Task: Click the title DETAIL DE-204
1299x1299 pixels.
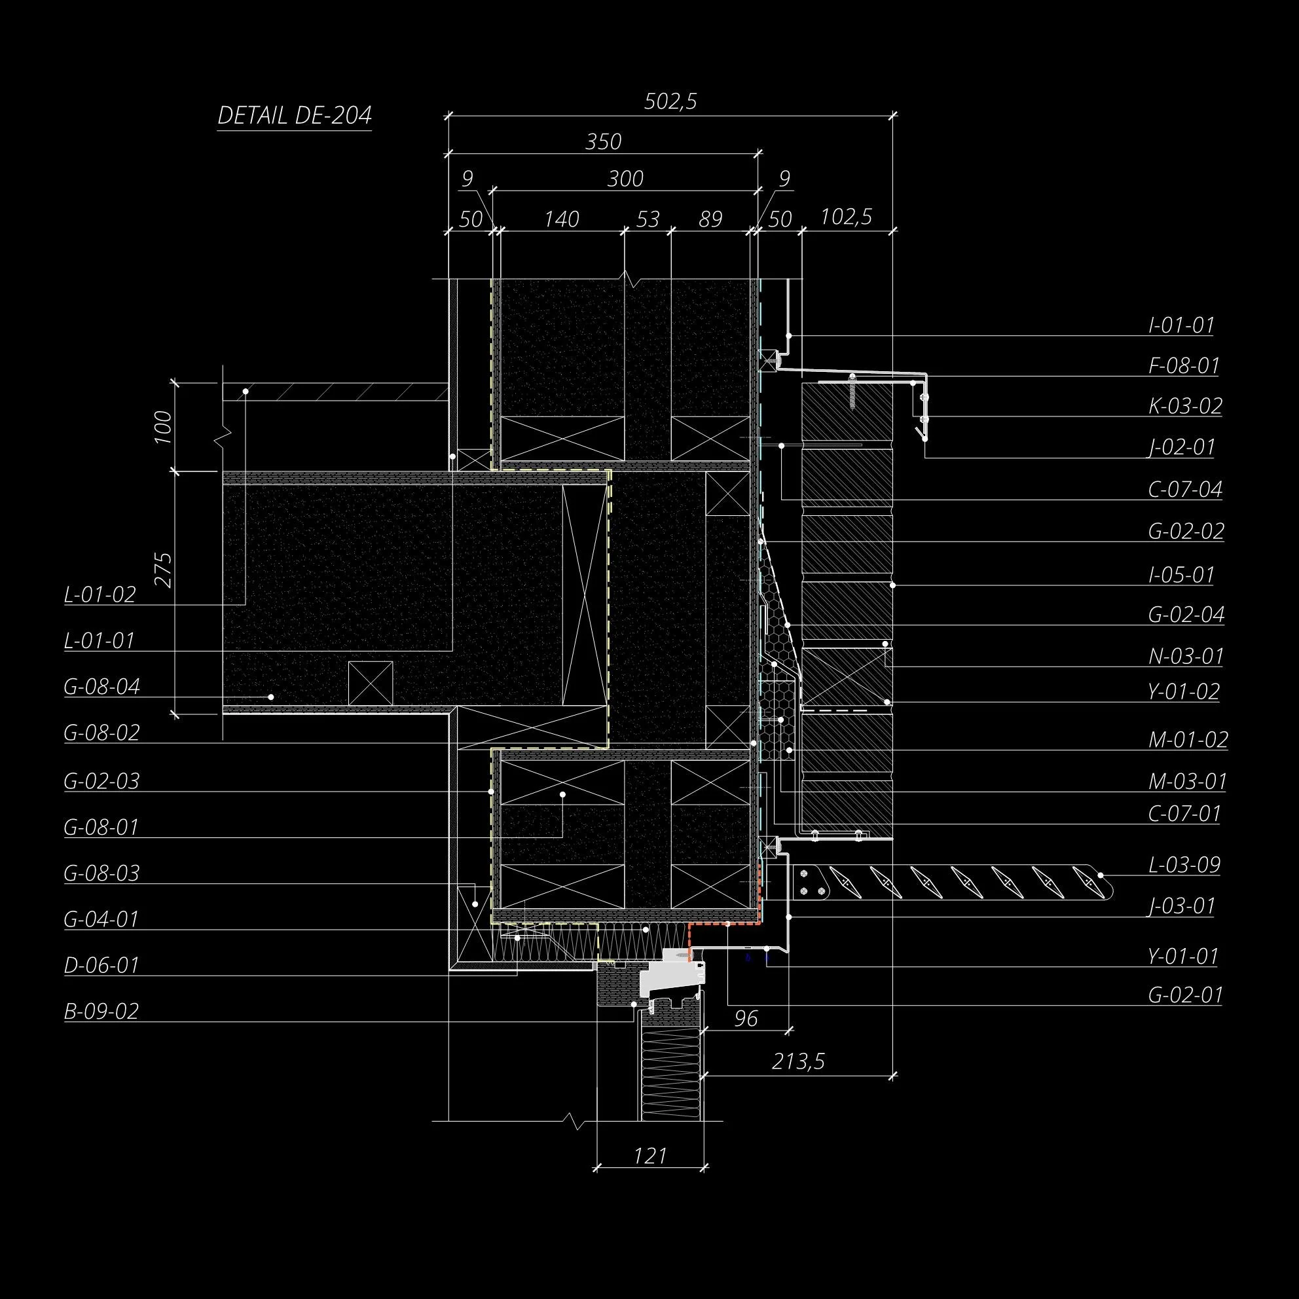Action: pyautogui.click(x=295, y=116)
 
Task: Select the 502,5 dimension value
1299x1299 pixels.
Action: pyautogui.click(x=670, y=101)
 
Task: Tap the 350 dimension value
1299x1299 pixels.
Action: pyautogui.click(x=603, y=142)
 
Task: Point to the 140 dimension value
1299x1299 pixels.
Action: pyautogui.click(x=561, y=219)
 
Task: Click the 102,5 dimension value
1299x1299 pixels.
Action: pyautogui.click(x=846, y=217)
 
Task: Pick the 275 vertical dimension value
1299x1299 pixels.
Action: pyautogui.click(x=164, y=570)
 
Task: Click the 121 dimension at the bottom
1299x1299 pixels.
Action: pyautogui.click(x=650, y=1156)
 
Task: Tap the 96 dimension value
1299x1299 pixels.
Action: pyautogui.click(x=746, y=1019)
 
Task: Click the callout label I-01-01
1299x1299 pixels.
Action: pyautogui.click(x=1181, y=326)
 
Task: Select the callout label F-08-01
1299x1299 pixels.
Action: pyautogui.click(x=1183, y=367)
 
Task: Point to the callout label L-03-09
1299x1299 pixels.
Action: pyautogui.click(x=1184, y=865)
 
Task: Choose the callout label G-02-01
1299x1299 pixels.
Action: pyautogui.click(x=1184, y=995)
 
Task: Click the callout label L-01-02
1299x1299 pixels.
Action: pyautogui.click(x=100, y=595)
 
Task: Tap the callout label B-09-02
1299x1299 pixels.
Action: pyautogui.click(x=101, y=1012)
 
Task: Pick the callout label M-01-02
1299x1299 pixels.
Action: pyautogui.click(x=1188, y=741)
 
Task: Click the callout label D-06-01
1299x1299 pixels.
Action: pyautogui.click(x=101, y=966)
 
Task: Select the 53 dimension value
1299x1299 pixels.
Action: pyautogui.click(x=648, y=219)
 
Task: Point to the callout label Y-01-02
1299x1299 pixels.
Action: pyautogui.click(x=1183, y=692)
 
